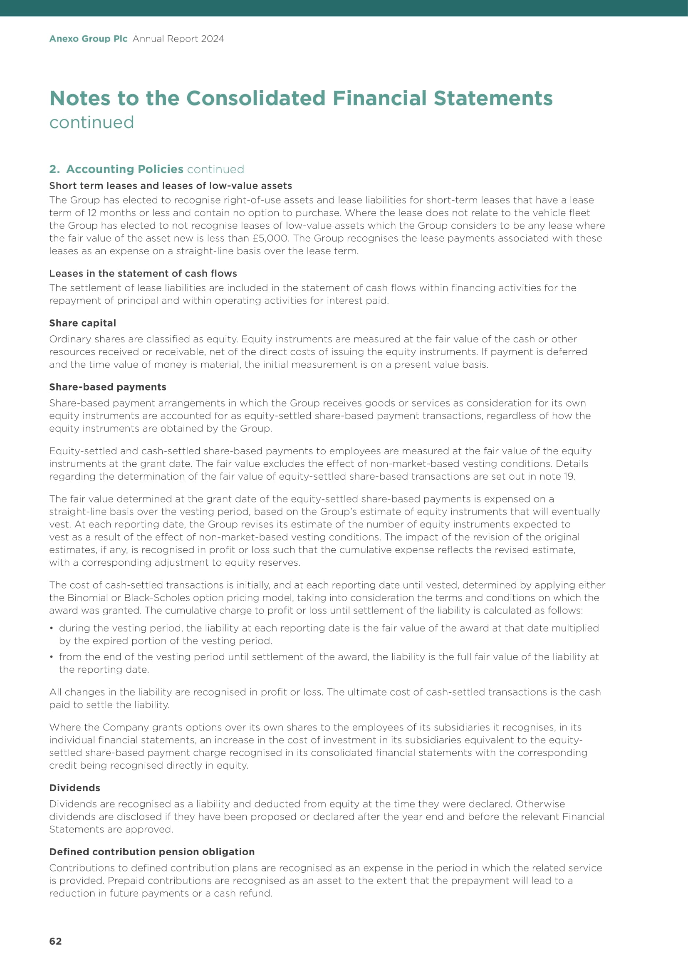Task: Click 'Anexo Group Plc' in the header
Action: click(88, 39)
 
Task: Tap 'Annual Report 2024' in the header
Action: click(178, 39)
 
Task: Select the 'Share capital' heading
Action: click(83, 323)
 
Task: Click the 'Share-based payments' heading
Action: click(108, 387)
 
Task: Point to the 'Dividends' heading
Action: click(74, 788)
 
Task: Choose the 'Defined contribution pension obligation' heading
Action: click(152, 852)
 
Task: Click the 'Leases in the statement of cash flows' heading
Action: click(143, 273)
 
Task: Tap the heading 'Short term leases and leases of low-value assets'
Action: click(170, 186)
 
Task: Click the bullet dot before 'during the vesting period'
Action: click(51, 629)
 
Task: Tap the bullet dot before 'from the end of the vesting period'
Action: click(51, 657)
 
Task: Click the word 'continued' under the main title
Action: click(92, 122)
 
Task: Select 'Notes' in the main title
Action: click(79, 98)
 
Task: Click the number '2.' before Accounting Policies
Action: click(54, 169)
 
